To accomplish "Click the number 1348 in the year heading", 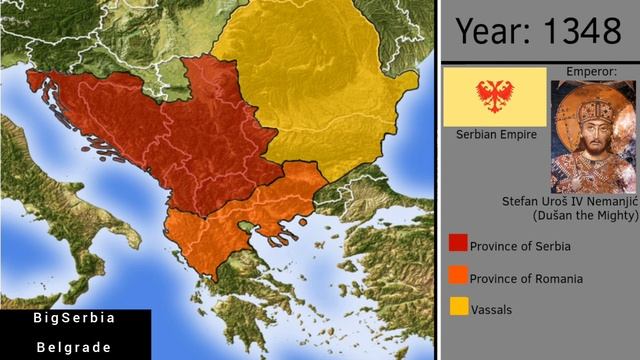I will [x=581, y=31].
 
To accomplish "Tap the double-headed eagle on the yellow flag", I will [x=494, y=96].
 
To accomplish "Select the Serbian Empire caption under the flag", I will [x=495, y=135].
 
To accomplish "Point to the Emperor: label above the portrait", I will [x=592, y=72].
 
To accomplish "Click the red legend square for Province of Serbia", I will [x=459, y=243].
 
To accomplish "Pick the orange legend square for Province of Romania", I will [x=459, y=275].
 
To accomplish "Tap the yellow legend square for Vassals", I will [x=459, y=307].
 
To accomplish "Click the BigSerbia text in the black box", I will [x=75, y=318].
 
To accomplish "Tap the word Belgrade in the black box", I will [x=75, y=347].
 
